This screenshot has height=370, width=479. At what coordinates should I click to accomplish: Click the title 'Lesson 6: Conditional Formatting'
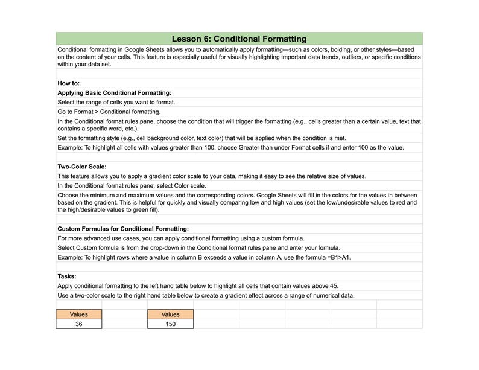coord(239,39)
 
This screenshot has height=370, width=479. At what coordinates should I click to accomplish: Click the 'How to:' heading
coord(69,83)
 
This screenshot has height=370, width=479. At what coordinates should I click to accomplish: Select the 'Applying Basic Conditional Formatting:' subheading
coord(115,93)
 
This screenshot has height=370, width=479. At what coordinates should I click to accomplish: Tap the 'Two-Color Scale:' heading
coord(82,167)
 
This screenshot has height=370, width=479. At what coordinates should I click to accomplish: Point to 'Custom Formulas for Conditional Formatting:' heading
coord(123,229)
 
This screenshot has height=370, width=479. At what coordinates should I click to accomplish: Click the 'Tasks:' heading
coord(67,276)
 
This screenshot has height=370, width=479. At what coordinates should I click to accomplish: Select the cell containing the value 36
coord(79,324)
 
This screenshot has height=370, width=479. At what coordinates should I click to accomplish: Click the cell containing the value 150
coord(170,324)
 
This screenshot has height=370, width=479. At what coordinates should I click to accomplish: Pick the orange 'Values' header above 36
coord(79,314)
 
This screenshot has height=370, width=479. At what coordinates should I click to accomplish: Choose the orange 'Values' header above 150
coord(170,314)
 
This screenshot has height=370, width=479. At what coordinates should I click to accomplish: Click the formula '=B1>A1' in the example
coord(338,257)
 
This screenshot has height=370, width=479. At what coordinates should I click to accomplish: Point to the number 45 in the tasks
coord(342,285)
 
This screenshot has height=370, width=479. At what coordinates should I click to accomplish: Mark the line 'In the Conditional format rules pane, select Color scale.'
coord(132,186)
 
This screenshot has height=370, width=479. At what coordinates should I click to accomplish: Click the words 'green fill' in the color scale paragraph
coord(141,210)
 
